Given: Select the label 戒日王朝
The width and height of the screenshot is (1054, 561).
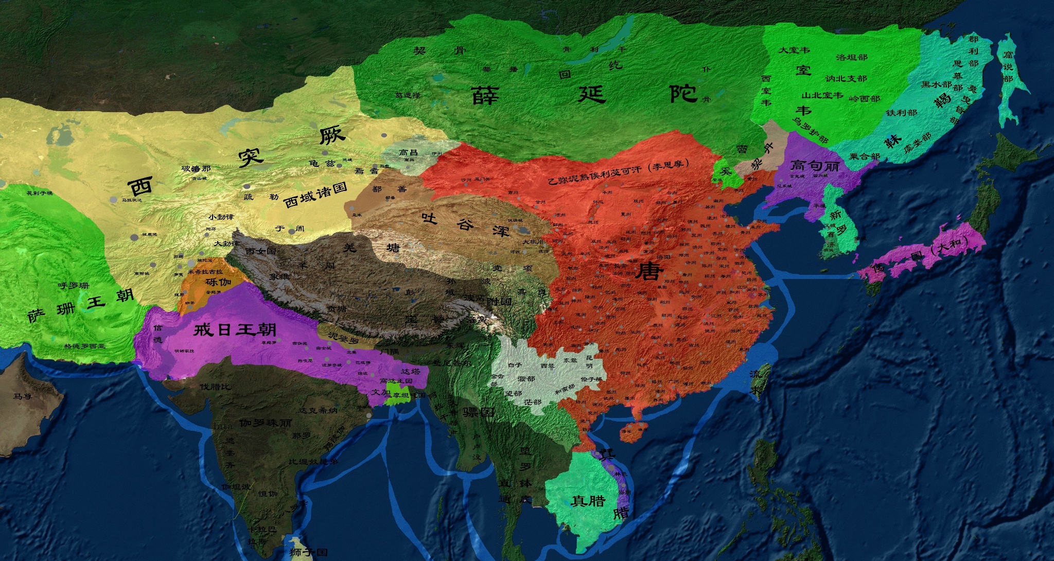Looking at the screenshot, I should coord(235,329).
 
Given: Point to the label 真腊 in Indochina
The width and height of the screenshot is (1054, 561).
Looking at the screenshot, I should coord(588,501).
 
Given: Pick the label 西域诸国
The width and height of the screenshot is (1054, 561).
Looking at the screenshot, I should coord(315,195).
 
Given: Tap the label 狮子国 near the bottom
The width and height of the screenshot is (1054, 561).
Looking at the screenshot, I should coord(308,552).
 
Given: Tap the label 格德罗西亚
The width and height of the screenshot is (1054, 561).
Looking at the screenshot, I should coord(85,346).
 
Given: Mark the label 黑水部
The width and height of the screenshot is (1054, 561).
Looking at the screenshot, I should coord(936,84).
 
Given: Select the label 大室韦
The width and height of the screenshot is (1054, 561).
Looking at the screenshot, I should coord(794,50).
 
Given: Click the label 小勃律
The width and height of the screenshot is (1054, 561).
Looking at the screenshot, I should coord(221,217).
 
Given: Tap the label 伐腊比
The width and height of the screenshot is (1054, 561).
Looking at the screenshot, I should coord(216,387).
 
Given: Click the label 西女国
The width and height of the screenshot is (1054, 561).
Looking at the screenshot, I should coord(261,252).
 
